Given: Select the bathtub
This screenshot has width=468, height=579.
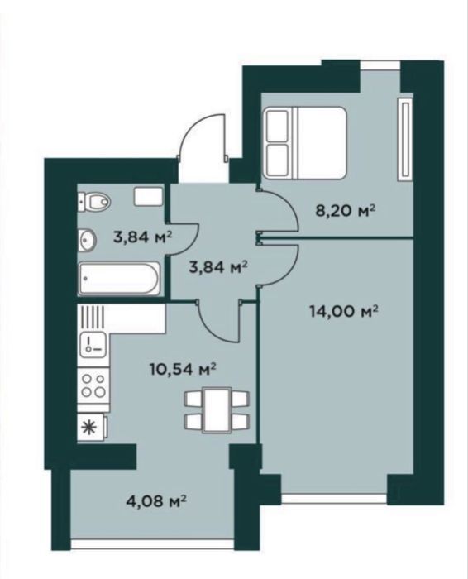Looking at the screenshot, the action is [120, 279].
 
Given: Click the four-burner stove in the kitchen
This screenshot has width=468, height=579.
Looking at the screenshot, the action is [93, 385].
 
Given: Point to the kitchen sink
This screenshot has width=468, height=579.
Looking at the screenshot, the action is [93, 344].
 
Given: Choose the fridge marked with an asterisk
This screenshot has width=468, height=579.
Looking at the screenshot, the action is [93, 427].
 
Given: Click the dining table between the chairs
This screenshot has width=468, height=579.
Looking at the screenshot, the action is [217, 410].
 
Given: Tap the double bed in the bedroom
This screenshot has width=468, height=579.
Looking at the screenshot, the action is [305, 142].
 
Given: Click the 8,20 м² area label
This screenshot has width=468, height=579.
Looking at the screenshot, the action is [345, 211].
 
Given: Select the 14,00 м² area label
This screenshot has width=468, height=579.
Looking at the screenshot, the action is [344, 312].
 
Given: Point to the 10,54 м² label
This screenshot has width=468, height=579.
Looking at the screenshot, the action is [183, 369].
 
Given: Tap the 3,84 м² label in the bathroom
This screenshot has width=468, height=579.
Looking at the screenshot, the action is [142, 237].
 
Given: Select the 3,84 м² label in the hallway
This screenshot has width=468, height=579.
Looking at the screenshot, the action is [217, 266].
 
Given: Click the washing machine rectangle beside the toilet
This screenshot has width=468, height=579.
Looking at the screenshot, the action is [148, 196].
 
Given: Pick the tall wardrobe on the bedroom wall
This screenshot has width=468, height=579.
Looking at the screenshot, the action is [405, 139].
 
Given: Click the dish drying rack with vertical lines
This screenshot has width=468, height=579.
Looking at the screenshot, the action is [93, 316].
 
